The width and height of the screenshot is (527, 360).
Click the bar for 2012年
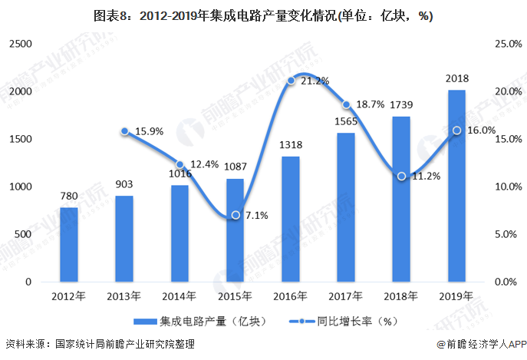tap(69, 244)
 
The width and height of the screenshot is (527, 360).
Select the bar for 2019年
tap(456, 186)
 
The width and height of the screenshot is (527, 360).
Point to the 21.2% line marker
tap(291, 81)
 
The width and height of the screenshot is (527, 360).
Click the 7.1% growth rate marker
tap(236, 215)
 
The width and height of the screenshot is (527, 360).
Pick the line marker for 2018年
tap(401, 176)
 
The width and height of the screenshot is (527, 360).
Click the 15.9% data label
tap(149, 131)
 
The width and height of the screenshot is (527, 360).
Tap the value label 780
tap(69, 196)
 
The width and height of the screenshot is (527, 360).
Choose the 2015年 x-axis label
tap(236, 296)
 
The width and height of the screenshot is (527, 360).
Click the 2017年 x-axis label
tap(346, 296)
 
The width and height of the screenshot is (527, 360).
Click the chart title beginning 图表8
tap(263, 15)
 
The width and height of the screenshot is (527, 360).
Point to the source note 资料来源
tap(100, 347)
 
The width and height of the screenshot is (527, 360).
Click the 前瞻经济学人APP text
tap(483, 347)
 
